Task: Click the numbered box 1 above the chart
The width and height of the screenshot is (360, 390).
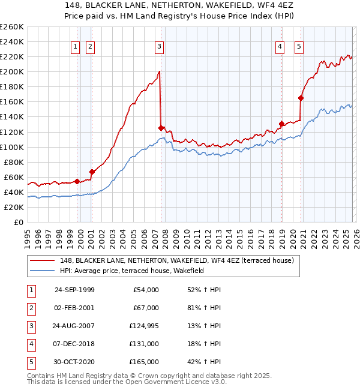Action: tap(76, 47)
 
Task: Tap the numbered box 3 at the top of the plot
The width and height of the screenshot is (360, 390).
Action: tap(159, 47)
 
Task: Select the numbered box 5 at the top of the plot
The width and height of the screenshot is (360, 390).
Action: tap(299, 47)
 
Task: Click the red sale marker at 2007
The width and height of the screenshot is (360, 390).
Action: tap(161, 128)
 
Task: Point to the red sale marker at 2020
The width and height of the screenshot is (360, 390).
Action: tap(301, 98)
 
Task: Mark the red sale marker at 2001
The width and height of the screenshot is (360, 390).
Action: tap(92, 172)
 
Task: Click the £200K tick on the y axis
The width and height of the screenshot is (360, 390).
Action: tap(12, 71)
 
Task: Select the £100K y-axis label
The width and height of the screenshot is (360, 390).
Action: tap(12, 147)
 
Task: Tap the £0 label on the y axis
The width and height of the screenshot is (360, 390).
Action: tap(18, 222)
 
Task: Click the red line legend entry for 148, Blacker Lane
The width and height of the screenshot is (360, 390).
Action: tap(176, 261)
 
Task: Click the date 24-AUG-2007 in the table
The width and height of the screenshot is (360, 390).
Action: tap(74, 326)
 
